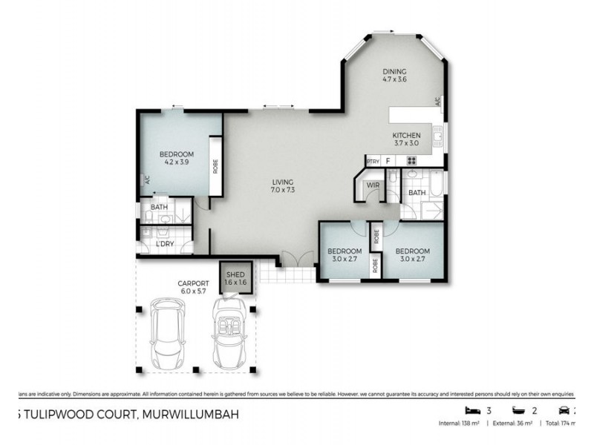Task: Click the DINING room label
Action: point(394,70)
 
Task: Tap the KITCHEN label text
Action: point(406,136)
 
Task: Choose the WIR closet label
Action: point(373,185)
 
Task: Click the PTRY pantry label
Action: point(373,161)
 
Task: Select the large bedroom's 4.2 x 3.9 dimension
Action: point(177,162)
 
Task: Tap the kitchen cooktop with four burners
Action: point(411,160)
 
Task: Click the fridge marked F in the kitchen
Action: point(388,160)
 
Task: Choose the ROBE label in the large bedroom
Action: point(215,165)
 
